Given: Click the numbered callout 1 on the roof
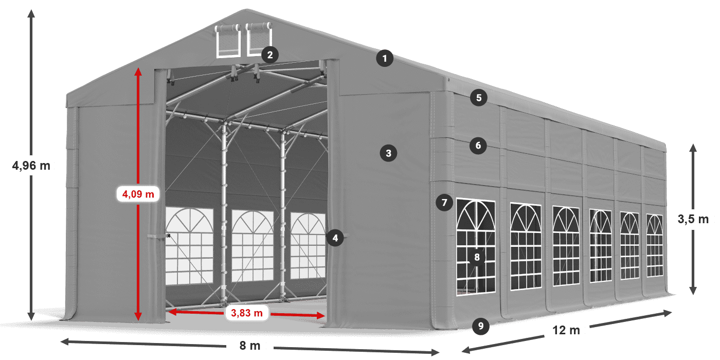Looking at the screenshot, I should point(384,58).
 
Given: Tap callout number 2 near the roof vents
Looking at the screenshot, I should point(270,55).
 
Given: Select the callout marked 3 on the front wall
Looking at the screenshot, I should point(388,153).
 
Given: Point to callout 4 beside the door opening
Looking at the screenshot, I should point(335,238).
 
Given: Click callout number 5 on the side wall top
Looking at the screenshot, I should point(478,98).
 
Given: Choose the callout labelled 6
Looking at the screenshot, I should point(478,146).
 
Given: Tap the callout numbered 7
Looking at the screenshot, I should point(444,202).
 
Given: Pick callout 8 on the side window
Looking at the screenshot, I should point(477,258).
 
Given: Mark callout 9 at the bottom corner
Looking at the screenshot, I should point(480,325).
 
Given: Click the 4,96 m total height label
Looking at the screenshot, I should point(31,166).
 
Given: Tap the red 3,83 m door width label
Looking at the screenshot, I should point(247,312).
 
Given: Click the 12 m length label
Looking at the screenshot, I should point(567,330).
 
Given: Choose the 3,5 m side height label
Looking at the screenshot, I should point(693,219).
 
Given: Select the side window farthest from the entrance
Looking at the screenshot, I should point(655,245).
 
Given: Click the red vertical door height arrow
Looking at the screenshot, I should point(138,129).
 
